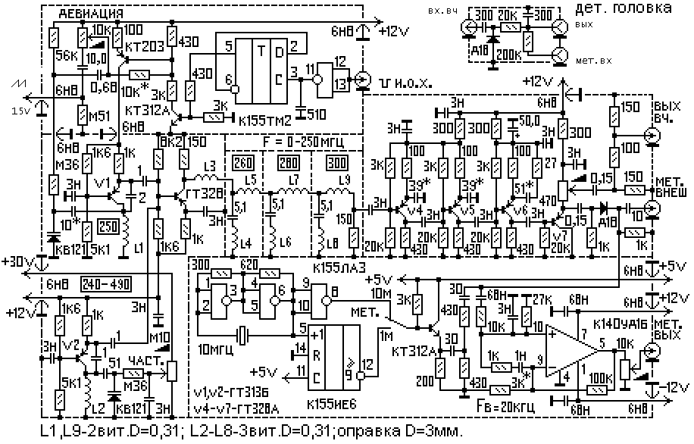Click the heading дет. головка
pyautogui.click(x=623, y=10)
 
